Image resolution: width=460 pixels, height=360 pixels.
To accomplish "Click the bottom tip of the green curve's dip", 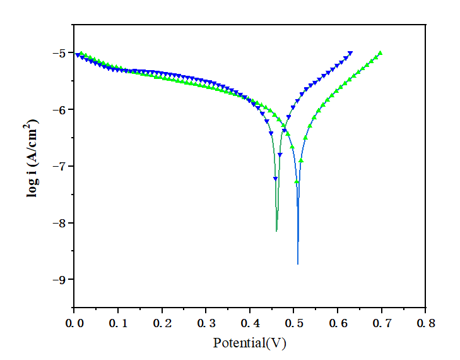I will click(276, 231).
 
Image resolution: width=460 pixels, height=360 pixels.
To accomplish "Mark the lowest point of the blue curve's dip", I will click(298, 263).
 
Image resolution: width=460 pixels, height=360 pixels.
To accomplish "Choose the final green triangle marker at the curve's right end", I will click(380, 53).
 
